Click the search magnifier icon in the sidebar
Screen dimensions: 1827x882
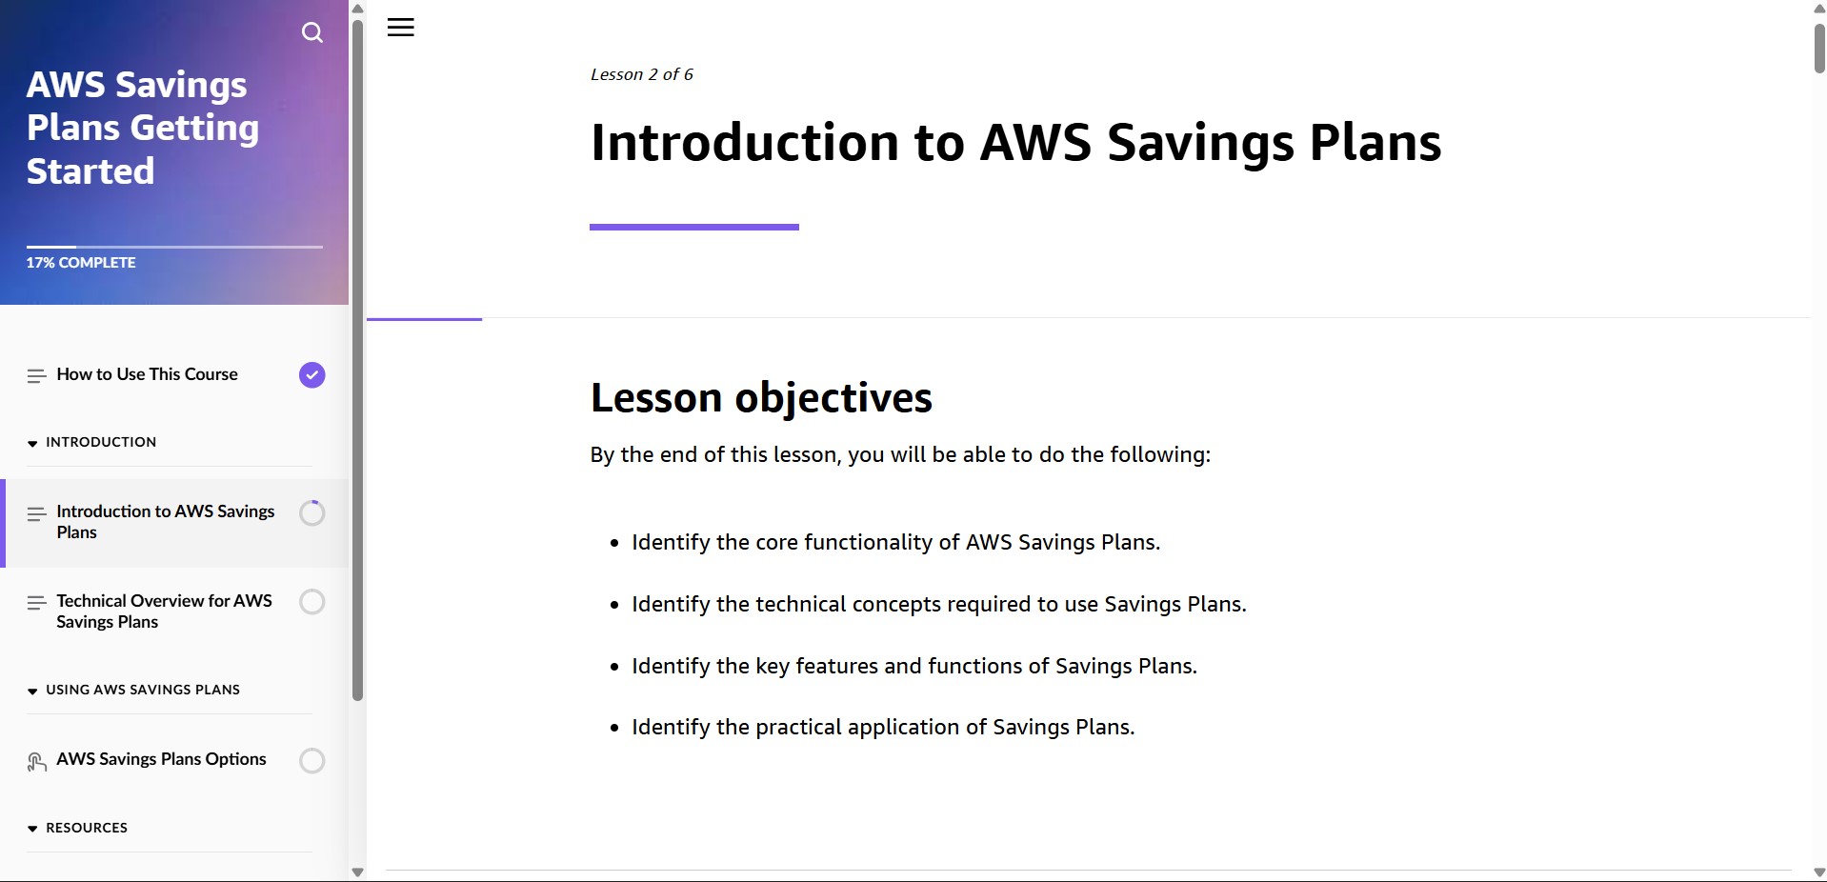point(311,32)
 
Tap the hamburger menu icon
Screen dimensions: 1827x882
point(400,28)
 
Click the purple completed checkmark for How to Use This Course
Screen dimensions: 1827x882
point(311,375)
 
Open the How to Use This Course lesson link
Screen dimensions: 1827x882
point(147,374)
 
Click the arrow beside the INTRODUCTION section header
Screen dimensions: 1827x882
point(32,443)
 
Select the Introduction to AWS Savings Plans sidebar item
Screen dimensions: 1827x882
point(165,522)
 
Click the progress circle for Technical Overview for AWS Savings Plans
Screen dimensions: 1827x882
point(311,602)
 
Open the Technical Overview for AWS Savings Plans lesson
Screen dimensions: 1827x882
point(164,611)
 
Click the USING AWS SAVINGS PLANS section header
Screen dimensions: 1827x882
point(143,690)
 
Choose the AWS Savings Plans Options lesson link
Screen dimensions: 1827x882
point(161,759)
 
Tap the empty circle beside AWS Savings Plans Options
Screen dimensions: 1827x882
point(311,760)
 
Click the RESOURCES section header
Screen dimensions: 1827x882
point(87,828)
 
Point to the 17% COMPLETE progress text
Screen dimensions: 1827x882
point(81,263)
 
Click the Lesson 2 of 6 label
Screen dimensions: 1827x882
point(641,74)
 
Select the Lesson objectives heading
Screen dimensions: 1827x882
point(761,397)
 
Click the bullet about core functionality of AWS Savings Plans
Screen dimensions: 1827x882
point(895,542)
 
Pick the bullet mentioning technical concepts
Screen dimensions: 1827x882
point(938,604)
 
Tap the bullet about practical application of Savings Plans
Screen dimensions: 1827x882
point(883,727)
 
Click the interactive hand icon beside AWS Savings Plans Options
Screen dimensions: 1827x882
point(36,761)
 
